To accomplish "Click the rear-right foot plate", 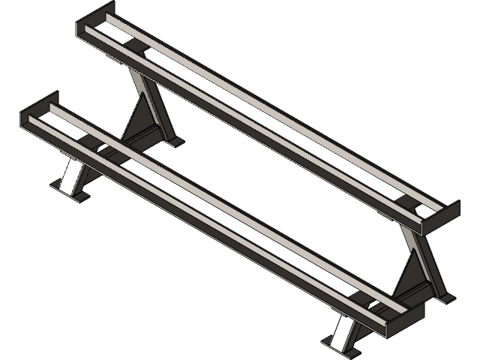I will [447, 297].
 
